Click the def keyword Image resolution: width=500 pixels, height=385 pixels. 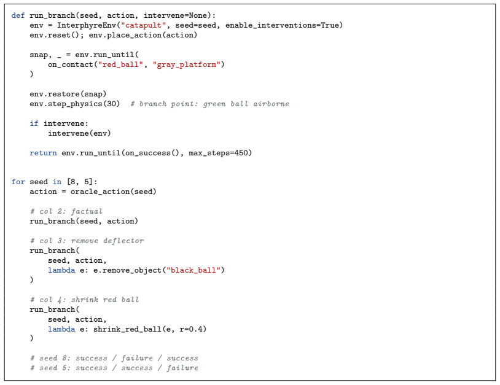pos(18,15)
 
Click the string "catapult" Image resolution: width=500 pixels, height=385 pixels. pos(144,25)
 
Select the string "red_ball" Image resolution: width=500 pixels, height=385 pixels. pos(120,64)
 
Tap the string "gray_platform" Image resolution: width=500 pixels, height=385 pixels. pos(187,64)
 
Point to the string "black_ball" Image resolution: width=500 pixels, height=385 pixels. pos(193,270)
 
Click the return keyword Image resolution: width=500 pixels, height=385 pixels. pos(43,153)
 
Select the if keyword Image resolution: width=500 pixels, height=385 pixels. pos(34,123)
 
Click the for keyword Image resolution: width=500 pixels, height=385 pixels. pos(18,182)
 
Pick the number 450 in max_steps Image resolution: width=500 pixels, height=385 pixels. pos(241,153)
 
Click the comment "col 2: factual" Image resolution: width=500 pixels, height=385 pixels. pos(66,211)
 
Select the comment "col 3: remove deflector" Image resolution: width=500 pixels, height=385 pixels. pos(87,241)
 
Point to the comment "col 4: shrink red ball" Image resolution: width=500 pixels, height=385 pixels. pos(85,300)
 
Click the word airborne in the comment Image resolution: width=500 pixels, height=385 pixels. pos(271,104)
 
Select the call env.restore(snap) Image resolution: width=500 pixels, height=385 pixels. pos(68,94)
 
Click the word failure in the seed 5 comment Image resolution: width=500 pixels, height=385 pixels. pos(182,368)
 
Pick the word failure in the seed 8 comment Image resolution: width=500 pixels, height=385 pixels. pos(137,358)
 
